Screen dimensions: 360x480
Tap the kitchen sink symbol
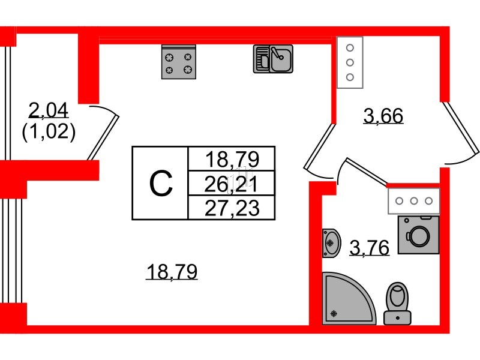273,59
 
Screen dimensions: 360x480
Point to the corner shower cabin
347,298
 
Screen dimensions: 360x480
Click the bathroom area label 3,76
369,247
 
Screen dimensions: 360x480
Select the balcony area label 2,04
49,110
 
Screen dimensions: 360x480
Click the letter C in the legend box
160,183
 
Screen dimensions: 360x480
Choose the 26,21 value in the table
232,182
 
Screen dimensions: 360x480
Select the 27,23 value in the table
232,208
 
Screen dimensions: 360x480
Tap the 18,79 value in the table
232,159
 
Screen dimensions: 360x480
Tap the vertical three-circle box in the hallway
350,62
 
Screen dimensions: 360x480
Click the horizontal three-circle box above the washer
414,200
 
